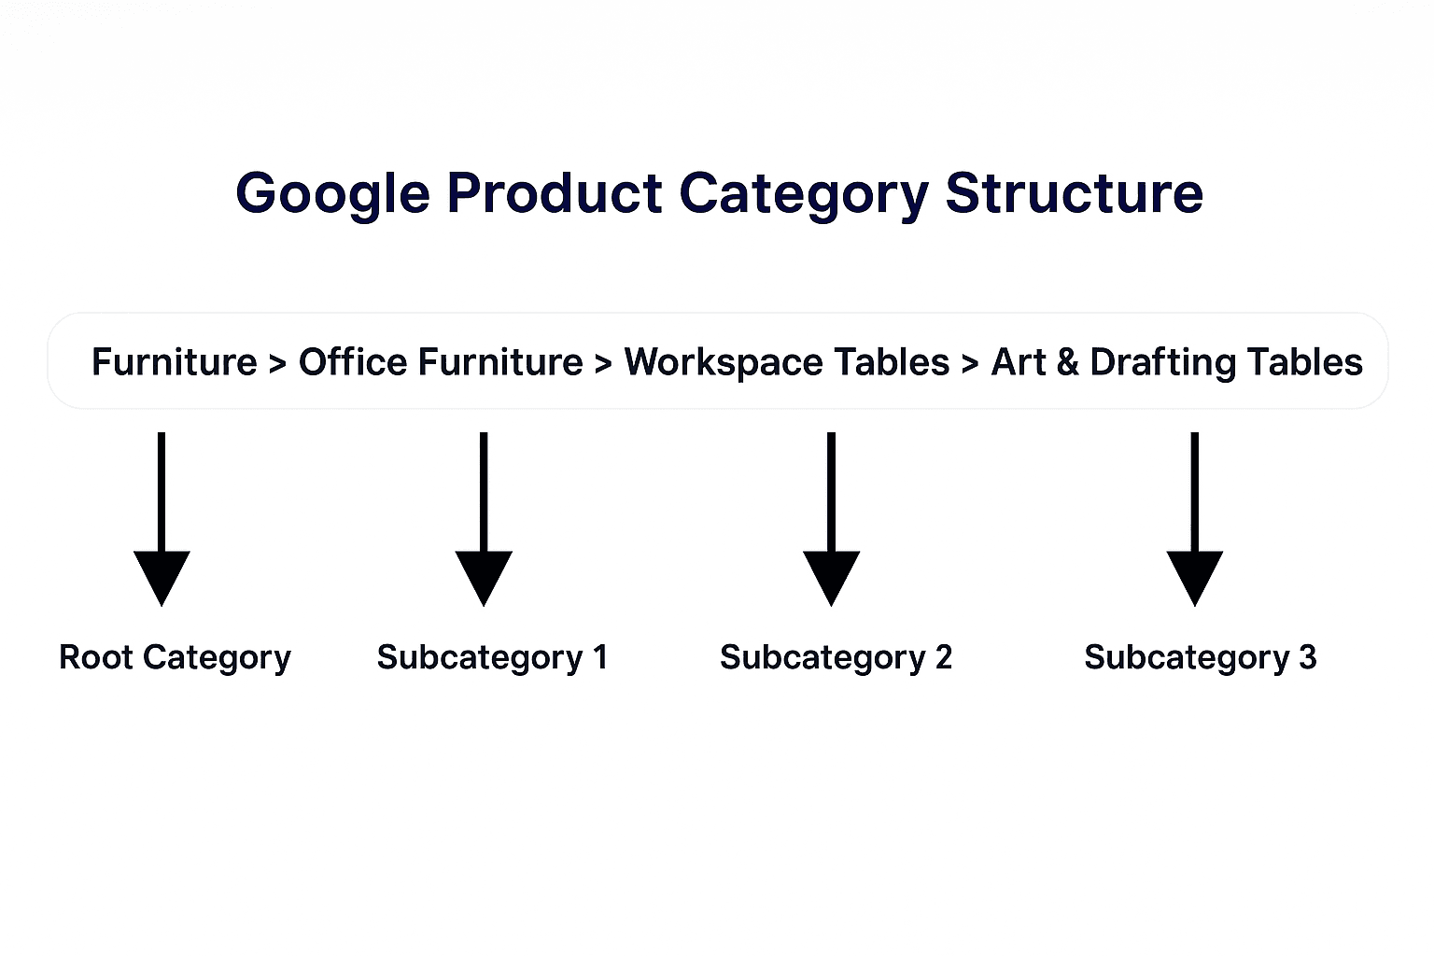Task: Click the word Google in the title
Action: click(x=332, y=194)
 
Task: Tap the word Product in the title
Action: click(x=555, y=193)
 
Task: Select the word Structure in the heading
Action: click(x=1074, y=193)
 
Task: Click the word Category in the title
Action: click(x=804, y=194)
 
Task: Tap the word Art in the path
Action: click(x=1018, y=362)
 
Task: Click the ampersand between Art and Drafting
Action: click(x=1067, y=362)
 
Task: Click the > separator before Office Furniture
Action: click(x=277, y=364)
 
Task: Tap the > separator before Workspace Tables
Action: click(x=603, y=364)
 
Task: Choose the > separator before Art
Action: click(x=970, y=364)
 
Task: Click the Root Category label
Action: click(x=175, y=658)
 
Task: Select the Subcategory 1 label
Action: click(x=492, y=658)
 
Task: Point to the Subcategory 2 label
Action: click(x=836, y=658)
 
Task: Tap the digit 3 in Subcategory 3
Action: click(x=1307, y=657)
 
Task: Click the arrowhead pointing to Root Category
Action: click(x=162, y=575)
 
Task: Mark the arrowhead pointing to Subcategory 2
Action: click(x=831, y=575)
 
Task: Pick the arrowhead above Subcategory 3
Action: click(x=1194, y=575)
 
